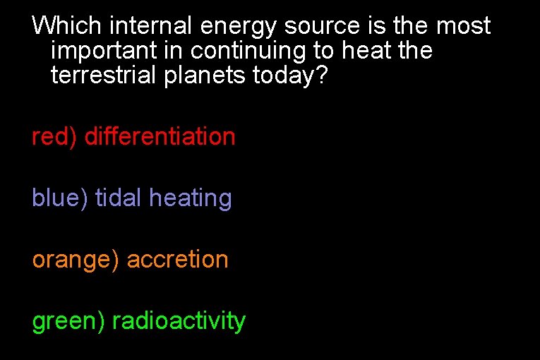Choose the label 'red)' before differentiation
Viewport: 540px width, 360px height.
(x=54, y=137)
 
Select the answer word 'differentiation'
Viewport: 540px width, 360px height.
(x=160, y=137)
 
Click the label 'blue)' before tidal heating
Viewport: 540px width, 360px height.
(x=60, y=198)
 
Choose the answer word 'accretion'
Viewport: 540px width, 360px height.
(x=177, y=260)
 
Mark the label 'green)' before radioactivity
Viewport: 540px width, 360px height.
(x=68, y=322)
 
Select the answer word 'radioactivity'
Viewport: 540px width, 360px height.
(x=179, y=322)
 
